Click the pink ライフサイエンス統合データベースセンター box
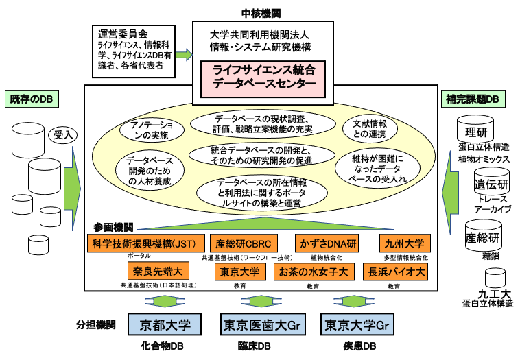[x=264, y=77]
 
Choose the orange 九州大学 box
[x=405, y=243]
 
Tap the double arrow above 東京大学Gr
[x=357, y=301]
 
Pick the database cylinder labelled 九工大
[x=495, y=277]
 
